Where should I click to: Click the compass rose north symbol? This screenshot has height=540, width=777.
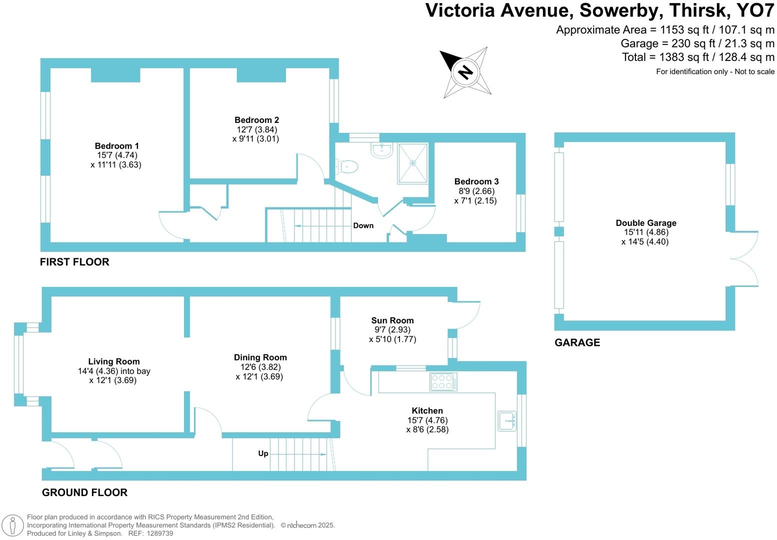tap(465, 72)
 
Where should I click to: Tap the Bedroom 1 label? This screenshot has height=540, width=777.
tap(116, 146)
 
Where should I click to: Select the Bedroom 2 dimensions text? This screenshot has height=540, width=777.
tap(256, 134)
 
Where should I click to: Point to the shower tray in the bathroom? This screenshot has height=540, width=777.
tap(413, 163)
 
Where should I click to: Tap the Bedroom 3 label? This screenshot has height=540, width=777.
tap(476, 181)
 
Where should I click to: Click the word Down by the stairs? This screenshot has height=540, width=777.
tap(363, 225)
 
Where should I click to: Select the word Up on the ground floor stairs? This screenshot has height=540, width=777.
tap(263, 453)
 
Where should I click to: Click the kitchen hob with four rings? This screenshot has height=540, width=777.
tap(442, 382)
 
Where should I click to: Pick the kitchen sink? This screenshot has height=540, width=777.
tap(507, 421)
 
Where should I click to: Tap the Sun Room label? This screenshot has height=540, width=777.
tap(392, 320)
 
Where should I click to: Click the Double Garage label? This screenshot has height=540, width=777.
tap(646, 223)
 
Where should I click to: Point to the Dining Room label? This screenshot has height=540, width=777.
tap(260, 357)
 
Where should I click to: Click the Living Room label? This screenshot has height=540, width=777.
tap(114, 361)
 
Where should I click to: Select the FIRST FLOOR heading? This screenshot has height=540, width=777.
tap(74, 262)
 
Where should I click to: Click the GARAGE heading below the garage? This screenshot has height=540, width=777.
tap(577, 342)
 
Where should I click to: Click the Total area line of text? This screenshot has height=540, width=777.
tap(698, 57)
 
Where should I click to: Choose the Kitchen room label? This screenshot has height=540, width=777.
tap(427, 410)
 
